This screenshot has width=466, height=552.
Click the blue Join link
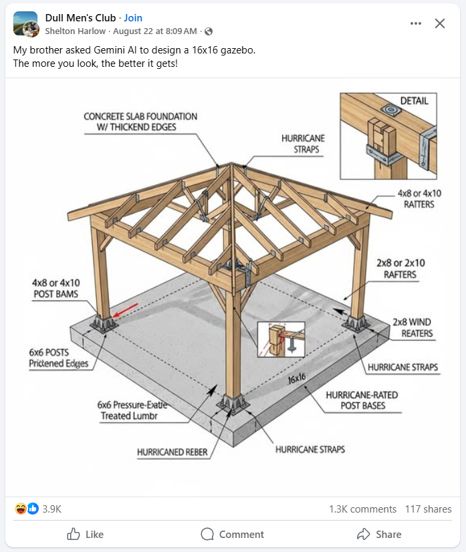133,17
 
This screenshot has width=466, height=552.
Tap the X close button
439,23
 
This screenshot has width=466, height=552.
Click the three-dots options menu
416,23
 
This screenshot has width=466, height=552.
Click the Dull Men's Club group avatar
25,24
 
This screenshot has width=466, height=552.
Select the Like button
85,534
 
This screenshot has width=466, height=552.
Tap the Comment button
232,534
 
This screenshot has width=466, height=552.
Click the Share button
379,534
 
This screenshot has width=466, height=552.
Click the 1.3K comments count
362,509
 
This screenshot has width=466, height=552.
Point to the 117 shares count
428,509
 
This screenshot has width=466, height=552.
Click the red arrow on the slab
125,310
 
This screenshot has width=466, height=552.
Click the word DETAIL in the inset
414,101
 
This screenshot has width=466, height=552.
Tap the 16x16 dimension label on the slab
297,378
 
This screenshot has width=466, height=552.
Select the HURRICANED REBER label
172,452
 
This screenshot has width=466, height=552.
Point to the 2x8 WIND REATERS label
414,327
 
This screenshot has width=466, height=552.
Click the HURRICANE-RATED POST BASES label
362,400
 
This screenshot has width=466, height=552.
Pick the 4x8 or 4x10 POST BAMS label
55,288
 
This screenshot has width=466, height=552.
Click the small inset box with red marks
281,339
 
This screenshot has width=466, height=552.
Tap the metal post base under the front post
233,403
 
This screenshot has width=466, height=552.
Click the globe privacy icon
209,31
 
